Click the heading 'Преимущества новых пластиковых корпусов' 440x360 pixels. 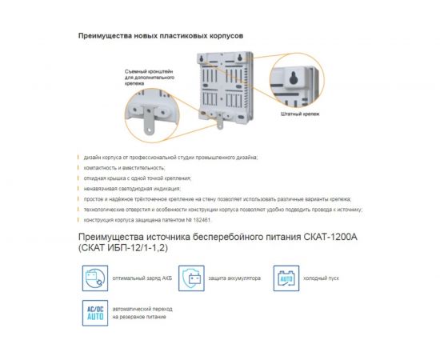tap(161, 37)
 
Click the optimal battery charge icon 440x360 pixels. tap(93, 278)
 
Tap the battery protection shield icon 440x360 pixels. tap(192, 278)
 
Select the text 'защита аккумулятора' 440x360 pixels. tap(234, 278)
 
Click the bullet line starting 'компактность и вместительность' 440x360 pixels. tap(124, 168)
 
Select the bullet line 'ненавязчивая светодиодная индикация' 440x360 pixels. tap(132, 188)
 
